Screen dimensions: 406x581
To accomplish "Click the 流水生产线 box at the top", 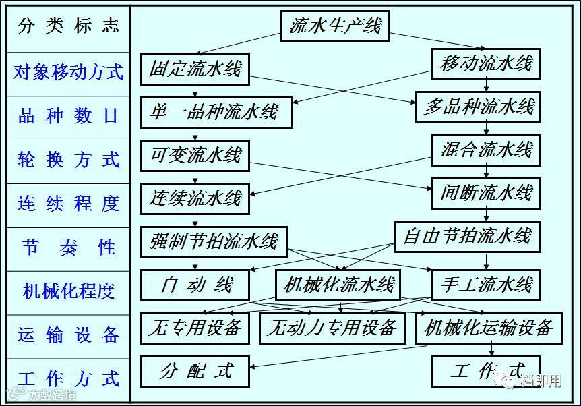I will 335,27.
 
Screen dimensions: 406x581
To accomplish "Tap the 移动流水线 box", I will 487,64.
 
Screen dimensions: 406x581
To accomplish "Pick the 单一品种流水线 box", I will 216,112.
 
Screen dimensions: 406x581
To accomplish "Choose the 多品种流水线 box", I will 479,107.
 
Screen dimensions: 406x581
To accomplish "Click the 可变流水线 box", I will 195,155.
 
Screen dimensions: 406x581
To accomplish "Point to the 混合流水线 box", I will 487,150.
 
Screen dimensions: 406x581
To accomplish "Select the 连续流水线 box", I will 195,198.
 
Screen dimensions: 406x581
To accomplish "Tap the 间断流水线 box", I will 487,193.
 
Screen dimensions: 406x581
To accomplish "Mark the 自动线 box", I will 195,285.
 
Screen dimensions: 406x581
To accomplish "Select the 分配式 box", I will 195,371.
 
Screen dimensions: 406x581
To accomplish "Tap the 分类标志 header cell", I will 68,26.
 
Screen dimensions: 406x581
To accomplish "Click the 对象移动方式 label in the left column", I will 68,72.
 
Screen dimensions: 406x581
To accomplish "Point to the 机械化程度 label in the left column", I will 68,291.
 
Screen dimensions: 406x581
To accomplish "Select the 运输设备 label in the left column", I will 68,335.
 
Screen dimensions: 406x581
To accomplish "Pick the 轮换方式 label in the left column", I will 68,160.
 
